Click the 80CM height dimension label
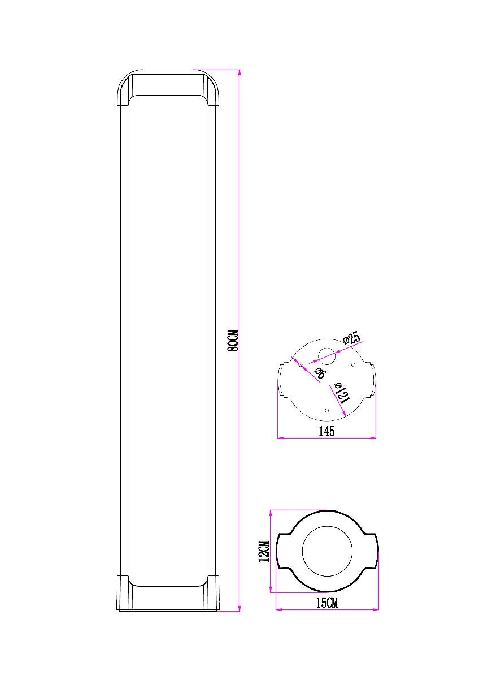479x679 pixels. pos(234,340)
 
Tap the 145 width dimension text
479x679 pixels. pos(327,431)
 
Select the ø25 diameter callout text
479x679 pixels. pos(352,338)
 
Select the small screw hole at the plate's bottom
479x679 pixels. pos(326,411)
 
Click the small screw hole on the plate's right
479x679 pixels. pos(353,364)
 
